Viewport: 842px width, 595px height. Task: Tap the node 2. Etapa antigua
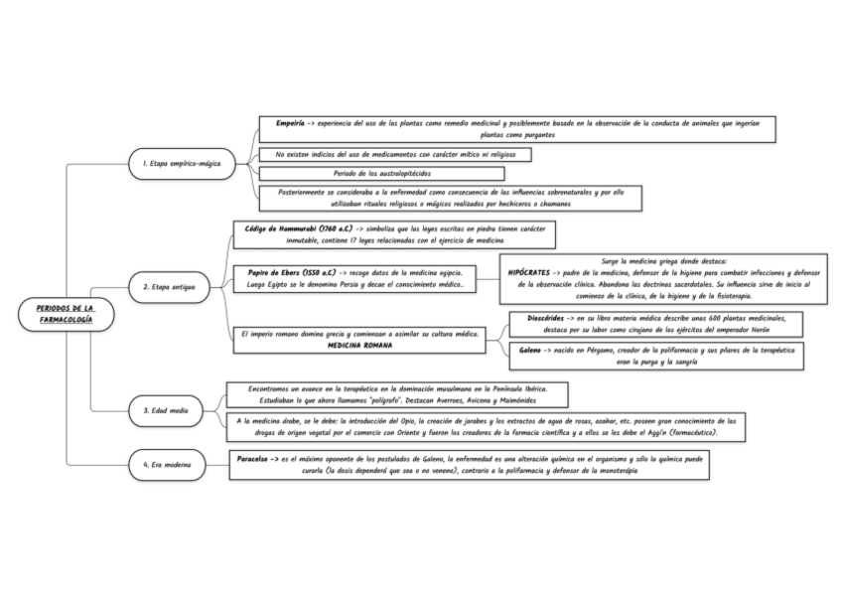[x=169, y=287]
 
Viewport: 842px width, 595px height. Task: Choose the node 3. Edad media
[x=166, y=409]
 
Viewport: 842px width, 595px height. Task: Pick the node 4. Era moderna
[x=166, y=463]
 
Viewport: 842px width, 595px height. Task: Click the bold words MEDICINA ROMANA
[x=359, y=346]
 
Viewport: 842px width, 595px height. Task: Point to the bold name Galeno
[x=529, y=351]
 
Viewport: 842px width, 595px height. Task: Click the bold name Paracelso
[x=258, y=459]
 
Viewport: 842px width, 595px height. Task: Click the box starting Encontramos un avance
[x=395, y=394]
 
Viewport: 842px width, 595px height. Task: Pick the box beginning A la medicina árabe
[x=487, y=426]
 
